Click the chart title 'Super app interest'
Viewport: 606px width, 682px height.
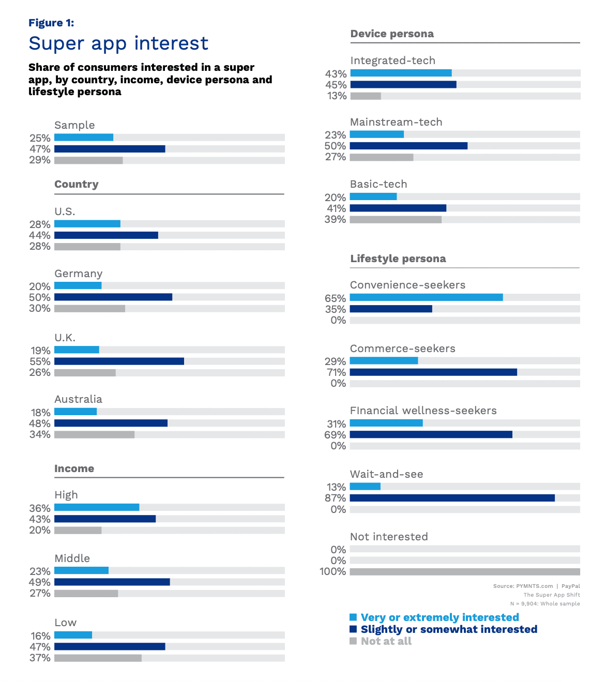pos(118,43)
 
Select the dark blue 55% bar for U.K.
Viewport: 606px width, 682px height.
pos(119,361)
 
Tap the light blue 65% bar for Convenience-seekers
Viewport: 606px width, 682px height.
pos(426,297)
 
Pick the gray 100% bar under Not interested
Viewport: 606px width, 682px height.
pos(465,572)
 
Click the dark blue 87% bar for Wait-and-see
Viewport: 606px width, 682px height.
pos(452,498)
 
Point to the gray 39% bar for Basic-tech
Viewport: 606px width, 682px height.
pos(396,220)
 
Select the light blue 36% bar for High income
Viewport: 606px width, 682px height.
pos(97,507)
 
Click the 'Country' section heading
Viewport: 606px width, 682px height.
pos(77,185)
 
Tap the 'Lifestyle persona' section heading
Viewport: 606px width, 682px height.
pos(398,259)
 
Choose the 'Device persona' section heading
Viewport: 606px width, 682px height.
pos(392,34)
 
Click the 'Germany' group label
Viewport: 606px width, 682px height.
pos(79,274)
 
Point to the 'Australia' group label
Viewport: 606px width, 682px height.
pos(79,399)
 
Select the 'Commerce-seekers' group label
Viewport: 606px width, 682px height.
pos(402,348)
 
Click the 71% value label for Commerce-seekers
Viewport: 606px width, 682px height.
pos(336,372)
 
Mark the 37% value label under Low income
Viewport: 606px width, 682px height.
pos(40,658)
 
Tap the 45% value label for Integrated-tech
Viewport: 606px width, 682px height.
pos(336,85)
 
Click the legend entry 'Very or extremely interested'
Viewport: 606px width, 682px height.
pos(440,617)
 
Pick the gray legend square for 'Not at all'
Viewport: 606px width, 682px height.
pos(353,641)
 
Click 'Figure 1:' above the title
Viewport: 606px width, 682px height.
pos(51,23)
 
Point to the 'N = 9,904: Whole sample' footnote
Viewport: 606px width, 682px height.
pos(545,603)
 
